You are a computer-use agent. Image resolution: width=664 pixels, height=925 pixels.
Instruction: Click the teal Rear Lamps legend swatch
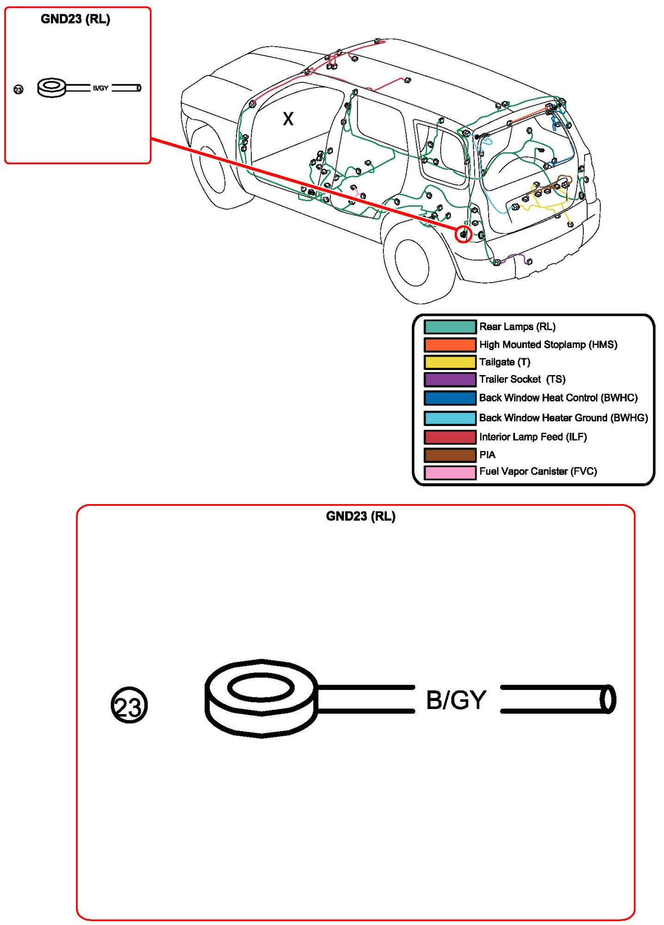(450, 327)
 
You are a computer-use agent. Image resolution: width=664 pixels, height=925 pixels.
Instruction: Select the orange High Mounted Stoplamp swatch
(450, 345)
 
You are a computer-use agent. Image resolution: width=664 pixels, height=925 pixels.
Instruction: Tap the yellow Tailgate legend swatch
(450, 362)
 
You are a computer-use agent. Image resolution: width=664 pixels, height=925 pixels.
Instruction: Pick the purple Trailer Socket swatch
(450, 379)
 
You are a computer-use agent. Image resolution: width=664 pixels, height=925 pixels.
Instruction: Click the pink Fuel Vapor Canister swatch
(450, 472)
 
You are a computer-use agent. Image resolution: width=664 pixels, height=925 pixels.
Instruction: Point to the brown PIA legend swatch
(450, 455)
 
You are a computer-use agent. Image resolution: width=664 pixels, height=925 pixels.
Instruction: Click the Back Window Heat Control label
(558, 398)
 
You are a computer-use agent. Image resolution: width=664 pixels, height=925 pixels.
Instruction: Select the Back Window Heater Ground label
(563, 418)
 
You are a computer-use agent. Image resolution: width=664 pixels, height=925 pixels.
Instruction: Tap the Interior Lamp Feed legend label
(533, 437)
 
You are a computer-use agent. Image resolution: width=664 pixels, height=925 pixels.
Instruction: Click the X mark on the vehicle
(288, 119)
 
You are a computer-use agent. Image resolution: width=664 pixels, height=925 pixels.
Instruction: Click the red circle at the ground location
(463, 234)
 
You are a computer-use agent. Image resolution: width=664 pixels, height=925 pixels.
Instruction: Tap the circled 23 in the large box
(129, 705)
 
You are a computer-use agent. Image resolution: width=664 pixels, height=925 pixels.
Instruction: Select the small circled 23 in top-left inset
(19, 89)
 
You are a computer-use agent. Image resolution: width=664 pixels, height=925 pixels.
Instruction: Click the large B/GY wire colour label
(456, 700)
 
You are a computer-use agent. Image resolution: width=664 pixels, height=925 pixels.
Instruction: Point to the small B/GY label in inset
(100, 88)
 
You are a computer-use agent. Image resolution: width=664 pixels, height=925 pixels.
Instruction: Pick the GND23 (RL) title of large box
(360, 516)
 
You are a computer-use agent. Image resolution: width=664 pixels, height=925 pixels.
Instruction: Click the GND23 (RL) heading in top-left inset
(75, 19)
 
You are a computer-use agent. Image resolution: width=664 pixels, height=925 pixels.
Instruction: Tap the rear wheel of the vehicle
(413, 264)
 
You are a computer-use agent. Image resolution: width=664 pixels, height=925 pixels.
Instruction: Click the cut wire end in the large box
(608, 699)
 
